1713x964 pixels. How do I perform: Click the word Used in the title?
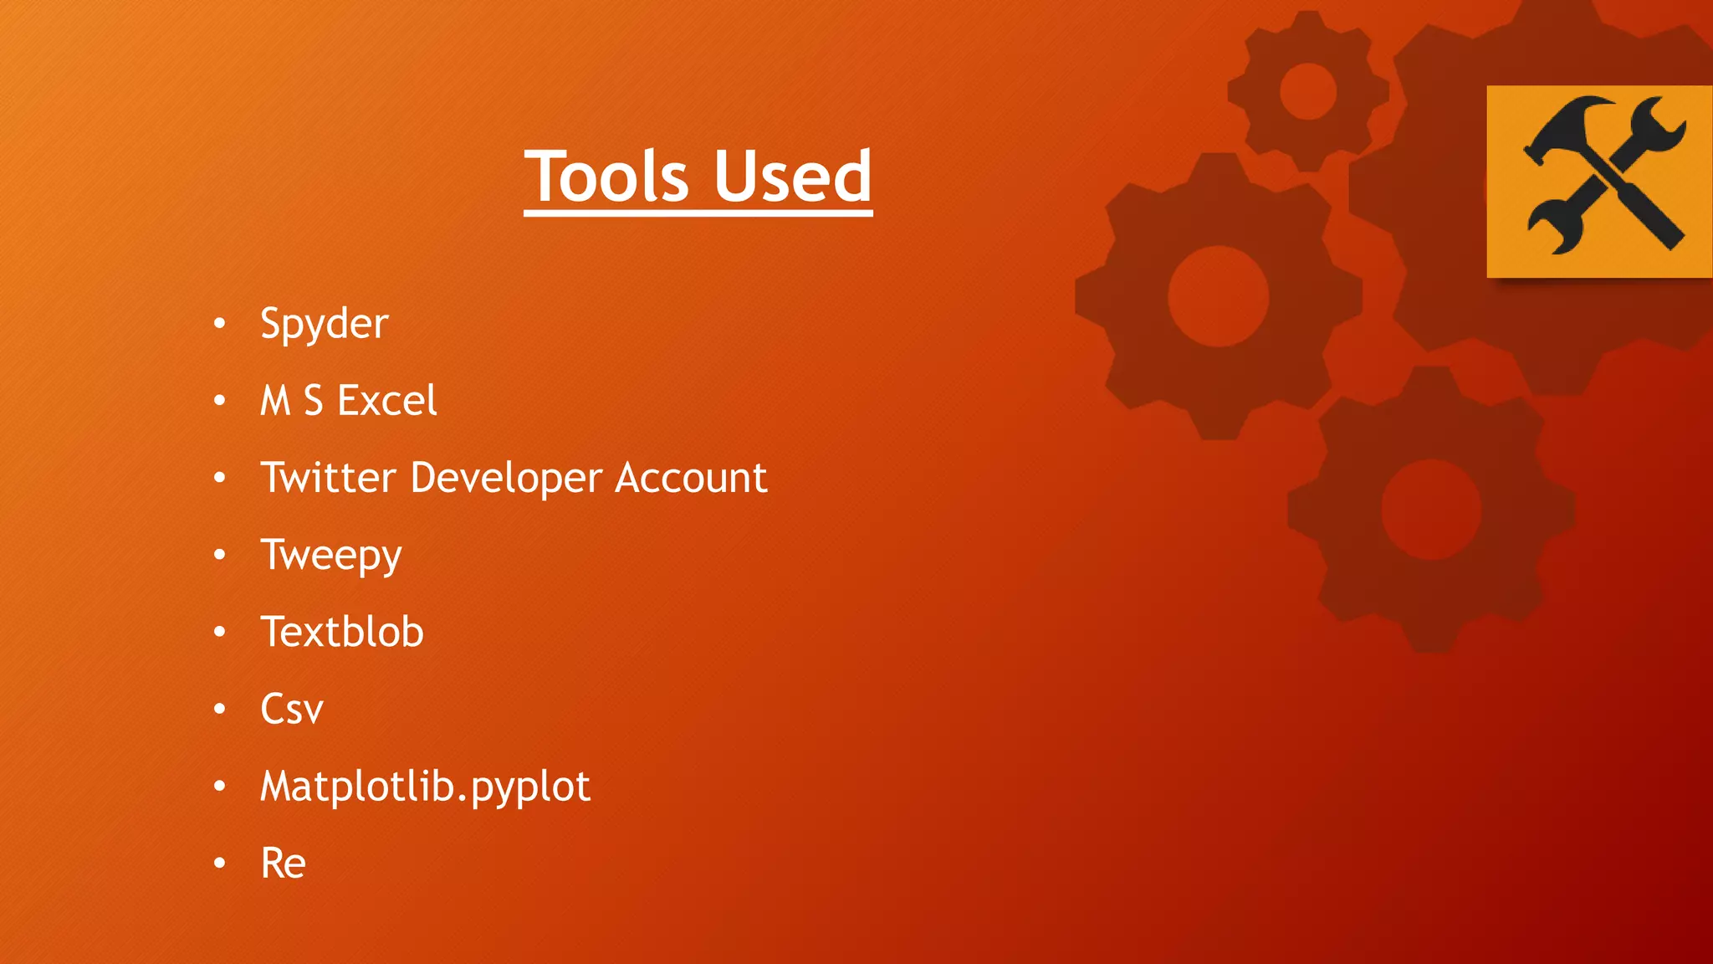(x=792, y=177)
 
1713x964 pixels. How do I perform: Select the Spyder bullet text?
(x=324, y=324)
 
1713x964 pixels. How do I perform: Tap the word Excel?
(x=386, y=400)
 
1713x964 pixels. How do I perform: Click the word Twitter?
(x=328, y=478)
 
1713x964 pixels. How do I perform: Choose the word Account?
(x=691, y=478)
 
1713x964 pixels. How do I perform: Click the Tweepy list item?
(x=331, y=556)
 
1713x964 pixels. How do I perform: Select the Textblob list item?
(x=342, y=632)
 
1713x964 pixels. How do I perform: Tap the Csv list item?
(x=291, y=710)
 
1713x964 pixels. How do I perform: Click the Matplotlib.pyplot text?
(x=425, y=787)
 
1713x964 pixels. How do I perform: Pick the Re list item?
(x=283, y=863)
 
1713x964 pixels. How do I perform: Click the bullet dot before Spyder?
(x=219, y=324)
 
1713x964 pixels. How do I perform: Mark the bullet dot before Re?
(x=219, y=863)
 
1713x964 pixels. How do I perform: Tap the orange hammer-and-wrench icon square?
(x=1599, y=181)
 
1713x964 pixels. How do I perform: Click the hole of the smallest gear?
(x=1308, y=91)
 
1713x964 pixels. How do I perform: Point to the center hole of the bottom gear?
(x=1431, y=509)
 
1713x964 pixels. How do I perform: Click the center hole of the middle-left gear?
(x=1218, y=296)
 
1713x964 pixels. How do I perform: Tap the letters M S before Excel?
(x=291, y=400)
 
